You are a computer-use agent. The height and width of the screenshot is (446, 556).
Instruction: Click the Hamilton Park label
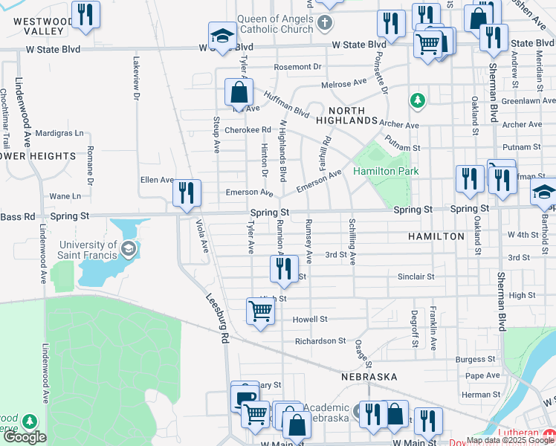coord(386,171)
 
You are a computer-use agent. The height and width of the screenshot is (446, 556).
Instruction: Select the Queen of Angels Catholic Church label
coord(275,24)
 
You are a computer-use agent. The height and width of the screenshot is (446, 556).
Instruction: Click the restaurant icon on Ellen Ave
coord(185,193)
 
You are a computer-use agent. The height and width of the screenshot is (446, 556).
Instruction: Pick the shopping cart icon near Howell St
coord(260,311)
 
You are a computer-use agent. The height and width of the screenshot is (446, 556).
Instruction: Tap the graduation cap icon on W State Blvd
coord(221,36)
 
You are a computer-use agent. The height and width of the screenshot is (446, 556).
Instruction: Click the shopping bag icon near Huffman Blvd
coord(239,93)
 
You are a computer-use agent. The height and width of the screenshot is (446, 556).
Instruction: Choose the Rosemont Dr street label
coord(297,67)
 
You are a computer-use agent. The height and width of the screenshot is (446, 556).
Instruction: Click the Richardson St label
coord(320,341)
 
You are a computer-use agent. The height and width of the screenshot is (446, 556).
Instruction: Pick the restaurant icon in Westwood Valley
coord(86,15)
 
